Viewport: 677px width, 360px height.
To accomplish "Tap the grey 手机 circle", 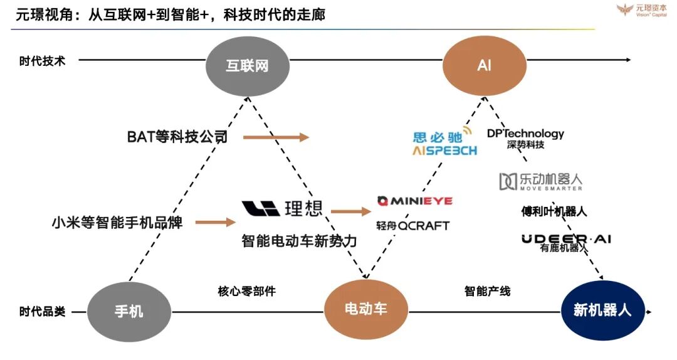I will (x=129, y=310).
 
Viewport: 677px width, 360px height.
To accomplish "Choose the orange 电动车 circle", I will (x=365, y=309).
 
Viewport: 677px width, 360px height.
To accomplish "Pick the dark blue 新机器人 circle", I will (x=602, y=310).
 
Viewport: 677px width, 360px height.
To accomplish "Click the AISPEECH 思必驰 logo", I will (x=444, y=144).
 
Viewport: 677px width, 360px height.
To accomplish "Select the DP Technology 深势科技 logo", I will (x=525, y=139).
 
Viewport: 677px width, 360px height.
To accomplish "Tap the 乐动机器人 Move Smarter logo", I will (x=540, y=181).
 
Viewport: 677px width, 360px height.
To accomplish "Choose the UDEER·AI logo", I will (x=566, y=239).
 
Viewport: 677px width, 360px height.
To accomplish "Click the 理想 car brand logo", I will (x=282, y=208).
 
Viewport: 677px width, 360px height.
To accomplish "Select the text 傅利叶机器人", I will (x=554, y=211).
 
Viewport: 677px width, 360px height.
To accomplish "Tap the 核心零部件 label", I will (x=246, y=291).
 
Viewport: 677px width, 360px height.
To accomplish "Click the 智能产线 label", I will (x=487, y=291).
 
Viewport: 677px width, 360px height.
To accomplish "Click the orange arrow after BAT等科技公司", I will (x=276, y=137).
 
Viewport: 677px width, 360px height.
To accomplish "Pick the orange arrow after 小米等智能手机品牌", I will (x=215, y=221).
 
